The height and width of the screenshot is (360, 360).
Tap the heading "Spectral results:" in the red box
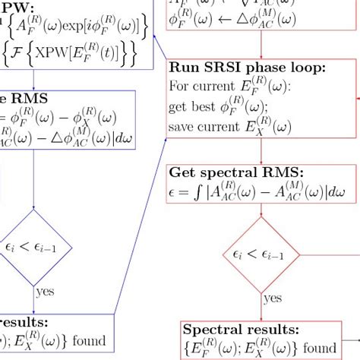click(240, 330)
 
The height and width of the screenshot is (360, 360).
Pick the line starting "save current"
click(235, 124)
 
